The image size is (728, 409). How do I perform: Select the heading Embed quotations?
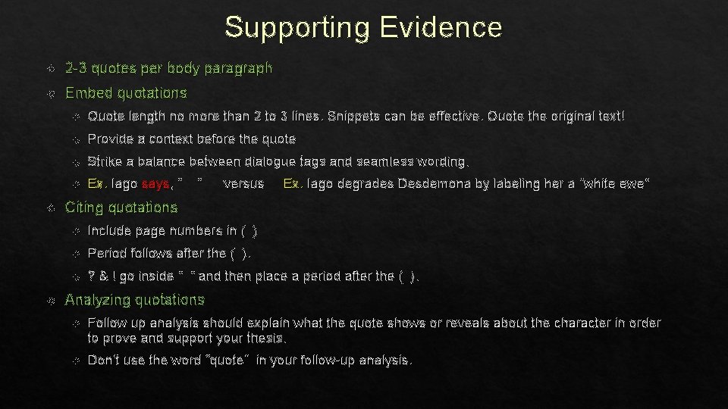(126, 93)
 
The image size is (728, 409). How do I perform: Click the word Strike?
(105, 161)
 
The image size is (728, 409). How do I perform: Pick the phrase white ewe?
(617, 184)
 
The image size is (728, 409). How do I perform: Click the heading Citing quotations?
(121, 207)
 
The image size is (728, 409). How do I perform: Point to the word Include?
(109, 231)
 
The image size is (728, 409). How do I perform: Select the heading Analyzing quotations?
(135, 300)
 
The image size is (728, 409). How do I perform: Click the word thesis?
(268, 338)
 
